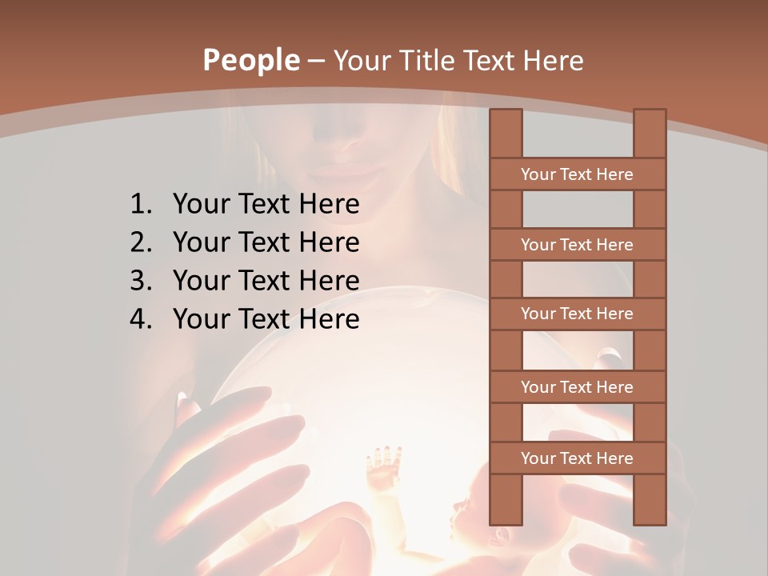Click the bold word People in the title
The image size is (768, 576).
(x=250, y=60)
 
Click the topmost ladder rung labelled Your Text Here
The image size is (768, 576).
(x=577, y=174)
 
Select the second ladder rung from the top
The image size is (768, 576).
(x=577, y=245)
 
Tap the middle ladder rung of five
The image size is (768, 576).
(x=577, y=314)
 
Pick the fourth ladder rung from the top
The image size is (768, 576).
(x=577, y=387)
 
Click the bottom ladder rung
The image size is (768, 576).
(x=577, y=458)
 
